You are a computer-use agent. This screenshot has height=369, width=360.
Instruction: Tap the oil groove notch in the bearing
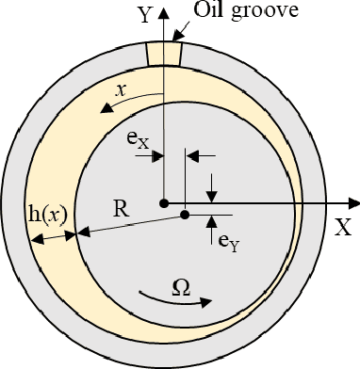point(164,53)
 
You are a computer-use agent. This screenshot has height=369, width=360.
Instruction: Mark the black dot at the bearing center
point(164,202)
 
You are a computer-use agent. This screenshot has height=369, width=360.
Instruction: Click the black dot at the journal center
point(185,214)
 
